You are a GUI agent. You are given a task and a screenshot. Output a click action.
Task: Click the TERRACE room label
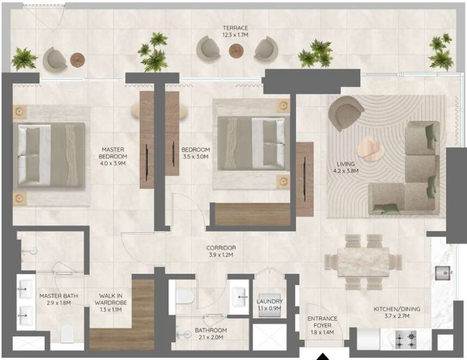click(x=235, y=28)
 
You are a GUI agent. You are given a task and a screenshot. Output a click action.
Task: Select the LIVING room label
click(x=345, y=163)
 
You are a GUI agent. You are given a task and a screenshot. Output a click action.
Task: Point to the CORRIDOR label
click(x=221, y=248)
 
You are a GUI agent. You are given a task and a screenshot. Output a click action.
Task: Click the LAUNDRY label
click(x=270, y=301)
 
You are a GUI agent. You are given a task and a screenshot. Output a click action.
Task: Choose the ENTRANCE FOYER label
click(x=322, y=322)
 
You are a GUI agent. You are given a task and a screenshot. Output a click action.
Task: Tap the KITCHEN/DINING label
click(x=396, y=309)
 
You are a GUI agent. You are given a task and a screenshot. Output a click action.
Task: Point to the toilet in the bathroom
click(x=186, y=296)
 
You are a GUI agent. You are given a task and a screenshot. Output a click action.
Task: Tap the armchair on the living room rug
click(x=346, y=112)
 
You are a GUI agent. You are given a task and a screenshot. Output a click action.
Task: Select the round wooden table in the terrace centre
click(x=236, y=50)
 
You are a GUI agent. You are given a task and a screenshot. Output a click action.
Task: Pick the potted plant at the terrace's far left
click(x=23, y=59)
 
